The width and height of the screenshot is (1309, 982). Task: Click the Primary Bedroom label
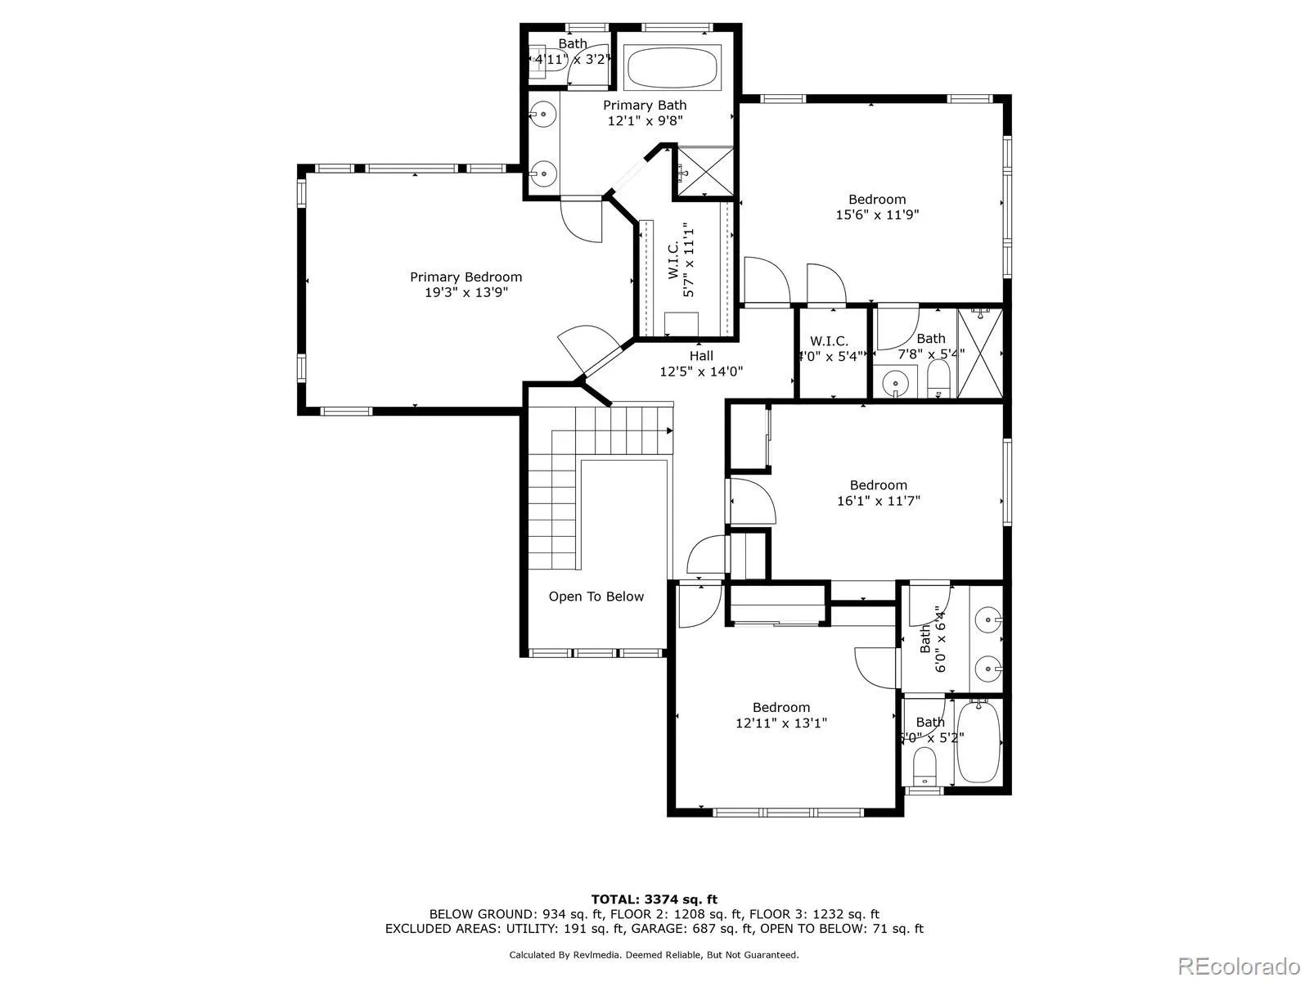coord(466,277)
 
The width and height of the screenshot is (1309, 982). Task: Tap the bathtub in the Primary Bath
coord(672,67)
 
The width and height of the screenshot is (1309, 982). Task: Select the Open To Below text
coord(596,597)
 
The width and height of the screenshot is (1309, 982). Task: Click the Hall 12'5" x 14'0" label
coord(701,363)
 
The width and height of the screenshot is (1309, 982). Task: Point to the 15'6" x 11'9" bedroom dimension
coord(877,215)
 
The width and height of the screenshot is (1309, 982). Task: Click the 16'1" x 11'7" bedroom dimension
coord(878,501)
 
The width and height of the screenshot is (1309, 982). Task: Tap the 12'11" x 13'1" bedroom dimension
coord(781,723)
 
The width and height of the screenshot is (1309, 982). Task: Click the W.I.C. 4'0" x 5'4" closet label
coord(830,349)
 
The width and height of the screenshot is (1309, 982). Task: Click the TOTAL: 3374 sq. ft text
coord(654,899)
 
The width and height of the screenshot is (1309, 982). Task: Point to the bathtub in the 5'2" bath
coord(978,743)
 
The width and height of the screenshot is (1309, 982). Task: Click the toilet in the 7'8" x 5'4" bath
coord(938,379)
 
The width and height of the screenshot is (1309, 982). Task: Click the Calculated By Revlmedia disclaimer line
coord(654,955)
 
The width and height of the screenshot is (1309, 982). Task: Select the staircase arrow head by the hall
coord(670,430)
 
